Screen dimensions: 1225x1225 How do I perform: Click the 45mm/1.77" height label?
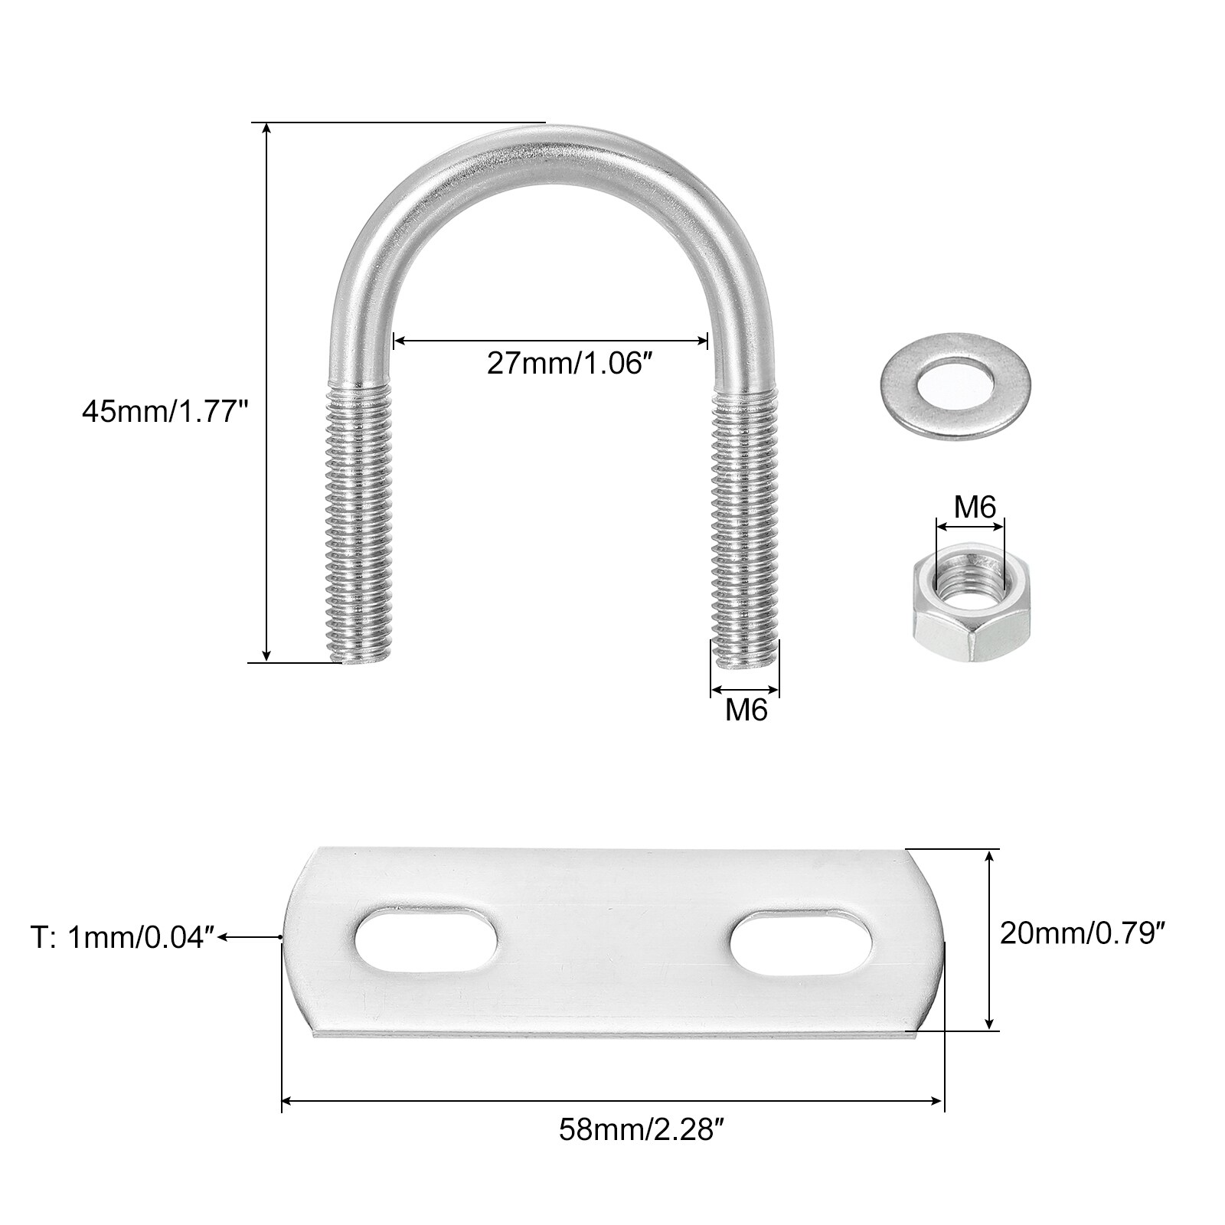point(165,413)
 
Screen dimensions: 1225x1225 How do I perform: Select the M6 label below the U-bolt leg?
point(746,710)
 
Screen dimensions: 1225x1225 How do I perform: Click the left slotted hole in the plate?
point(426,942)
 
